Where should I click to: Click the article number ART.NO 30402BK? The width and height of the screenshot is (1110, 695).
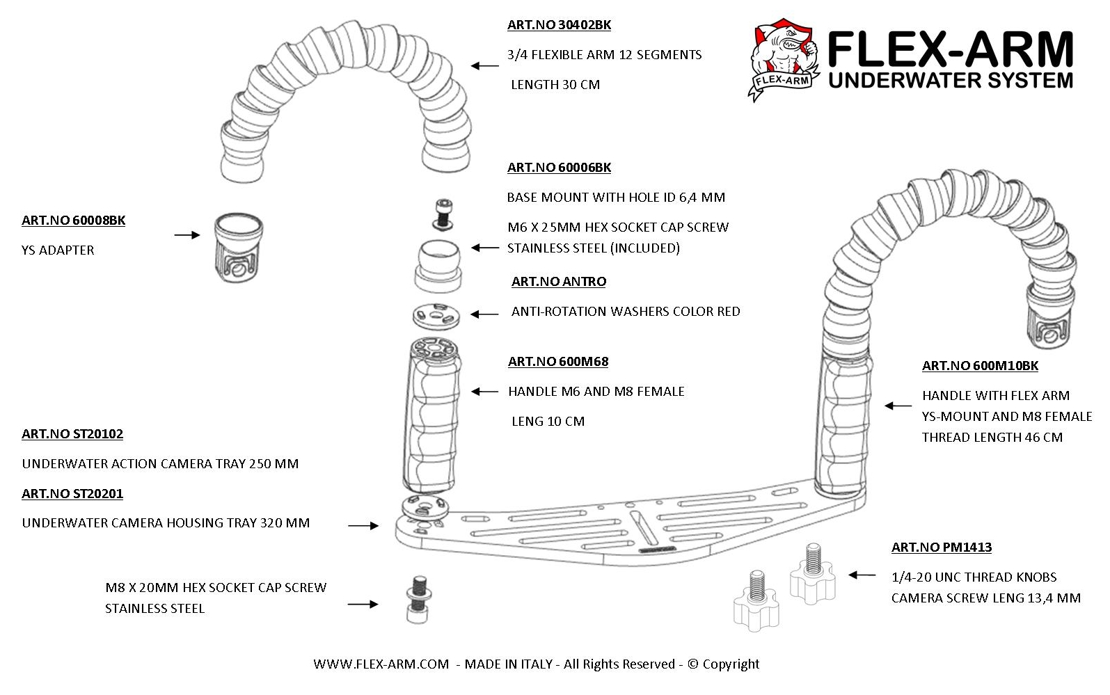point(559,25)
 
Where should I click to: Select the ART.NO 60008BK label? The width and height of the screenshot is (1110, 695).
point(73,221)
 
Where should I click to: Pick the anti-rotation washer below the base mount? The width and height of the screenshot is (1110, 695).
point(437,315)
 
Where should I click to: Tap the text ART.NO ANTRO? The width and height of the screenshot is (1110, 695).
point(558,282)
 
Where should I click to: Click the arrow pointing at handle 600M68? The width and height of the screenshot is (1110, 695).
point(485,392)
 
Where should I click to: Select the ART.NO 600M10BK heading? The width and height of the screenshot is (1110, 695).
point(979,366)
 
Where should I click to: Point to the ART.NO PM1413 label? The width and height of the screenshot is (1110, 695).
point(941,548)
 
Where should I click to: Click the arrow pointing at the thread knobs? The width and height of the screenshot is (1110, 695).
point(862,575)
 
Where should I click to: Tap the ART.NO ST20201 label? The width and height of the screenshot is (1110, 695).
point(72,494)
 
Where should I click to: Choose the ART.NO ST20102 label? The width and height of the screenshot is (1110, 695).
point(72,434)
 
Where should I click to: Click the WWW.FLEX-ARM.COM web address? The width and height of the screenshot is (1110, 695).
point(381,664)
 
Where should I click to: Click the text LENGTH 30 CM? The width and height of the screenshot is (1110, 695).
point(555,85)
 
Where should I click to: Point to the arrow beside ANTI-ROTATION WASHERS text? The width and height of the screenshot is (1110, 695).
point(484,314)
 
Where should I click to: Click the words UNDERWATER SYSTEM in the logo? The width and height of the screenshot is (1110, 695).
point(951,80)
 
